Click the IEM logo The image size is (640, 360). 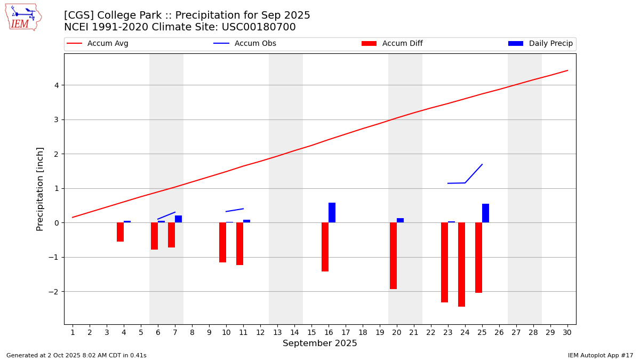pos(23,17)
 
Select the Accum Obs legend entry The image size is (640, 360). pos(245,44)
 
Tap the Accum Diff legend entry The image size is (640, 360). pos(392,44)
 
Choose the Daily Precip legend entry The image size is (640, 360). pos(540,44)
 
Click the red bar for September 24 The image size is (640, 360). pos(461,265)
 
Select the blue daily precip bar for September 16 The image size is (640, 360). pos(332,213)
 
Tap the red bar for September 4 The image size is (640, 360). pos(120,232)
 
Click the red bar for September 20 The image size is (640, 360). pos(393,255)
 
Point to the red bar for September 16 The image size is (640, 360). pos(325,247)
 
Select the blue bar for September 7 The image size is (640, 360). pos(178,219)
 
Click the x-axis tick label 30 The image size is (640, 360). pos(567,332)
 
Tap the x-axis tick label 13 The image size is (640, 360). pos(277,332)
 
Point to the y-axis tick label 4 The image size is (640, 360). pos(55,85)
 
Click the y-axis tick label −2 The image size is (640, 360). pos(53,292)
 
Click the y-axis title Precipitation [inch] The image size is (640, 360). pos(40,189)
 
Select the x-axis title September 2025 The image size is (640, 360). pos(319,343)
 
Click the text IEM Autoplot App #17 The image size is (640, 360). pos(601,355)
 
